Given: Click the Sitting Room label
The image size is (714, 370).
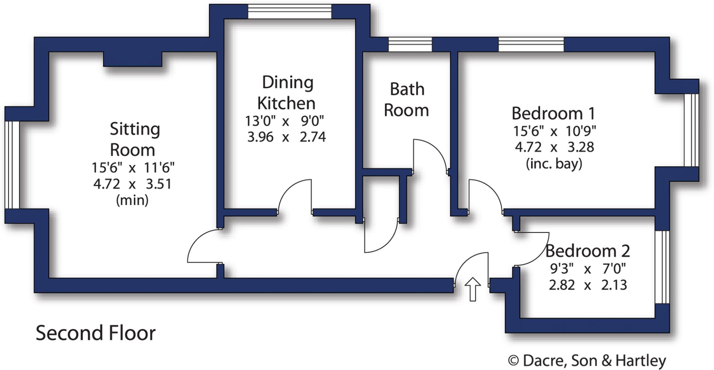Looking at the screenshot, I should (x=134, y=139).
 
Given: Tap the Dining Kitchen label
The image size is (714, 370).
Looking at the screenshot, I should (x=287, y=93).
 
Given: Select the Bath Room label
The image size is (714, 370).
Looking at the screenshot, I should (x=407, y=100).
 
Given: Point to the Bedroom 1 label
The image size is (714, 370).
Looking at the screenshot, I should (x=553, y=114).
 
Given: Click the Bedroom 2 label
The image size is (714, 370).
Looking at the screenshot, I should (x=587, y=251).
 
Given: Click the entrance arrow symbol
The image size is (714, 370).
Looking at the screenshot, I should (x=473, y=289).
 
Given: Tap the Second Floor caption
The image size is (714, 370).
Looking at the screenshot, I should (x=96, y=333).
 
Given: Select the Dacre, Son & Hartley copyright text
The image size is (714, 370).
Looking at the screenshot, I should (x=587, y=360).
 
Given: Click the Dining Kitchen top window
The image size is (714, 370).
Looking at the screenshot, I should (x=289, y=11).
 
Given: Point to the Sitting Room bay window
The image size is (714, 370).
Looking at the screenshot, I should (x=12, y=164).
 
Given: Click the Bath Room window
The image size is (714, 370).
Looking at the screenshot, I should (x=410, y=45).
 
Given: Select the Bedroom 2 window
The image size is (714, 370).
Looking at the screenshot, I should (x=662, y=267).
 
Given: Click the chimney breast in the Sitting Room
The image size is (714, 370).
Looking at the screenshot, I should (x=132, y=59).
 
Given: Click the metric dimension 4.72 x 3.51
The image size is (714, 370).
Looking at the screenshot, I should (x=132, y=184).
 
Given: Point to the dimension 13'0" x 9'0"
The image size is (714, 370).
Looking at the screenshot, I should (x=284, y=121).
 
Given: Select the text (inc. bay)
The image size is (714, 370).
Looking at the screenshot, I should (x=554, y=163).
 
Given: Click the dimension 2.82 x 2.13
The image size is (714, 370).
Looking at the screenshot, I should (x=588, y=285).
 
